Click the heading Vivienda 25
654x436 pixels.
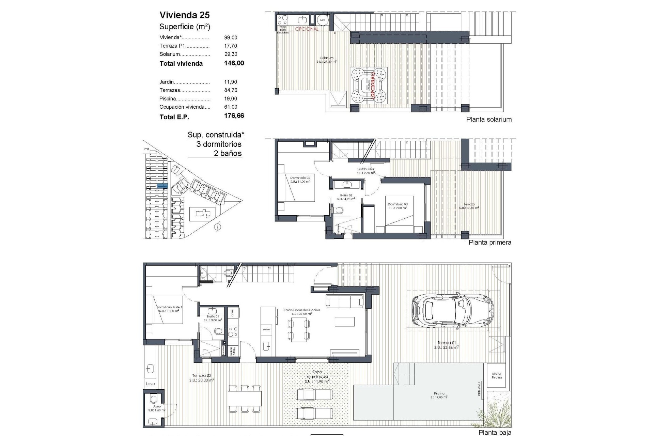[x=184, y=15]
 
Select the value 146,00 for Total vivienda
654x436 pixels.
[x=234, y=63]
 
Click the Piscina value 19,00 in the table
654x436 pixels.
[x=231, y=98]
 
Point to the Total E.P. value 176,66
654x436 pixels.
[x=234, y=116]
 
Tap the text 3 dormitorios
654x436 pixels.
[x=219, y=144]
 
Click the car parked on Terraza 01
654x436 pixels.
[x=453, y=310]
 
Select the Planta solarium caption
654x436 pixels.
[x=488, y=120]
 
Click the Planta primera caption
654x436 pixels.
[x=489, y=243]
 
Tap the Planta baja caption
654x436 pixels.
[x=495, y=433]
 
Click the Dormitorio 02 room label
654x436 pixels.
[x=300, y=178]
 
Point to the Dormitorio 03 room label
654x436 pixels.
[x=398, y=204]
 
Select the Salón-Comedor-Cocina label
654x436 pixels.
[x=301, y=310]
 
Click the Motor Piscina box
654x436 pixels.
[x=497, y=375]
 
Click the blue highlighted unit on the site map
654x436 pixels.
[x=162, y=186]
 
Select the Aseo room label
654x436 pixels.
[x=157, y=407]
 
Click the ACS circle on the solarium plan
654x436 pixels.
[x=322, y=20]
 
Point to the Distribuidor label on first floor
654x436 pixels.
[x=365, y=169]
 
